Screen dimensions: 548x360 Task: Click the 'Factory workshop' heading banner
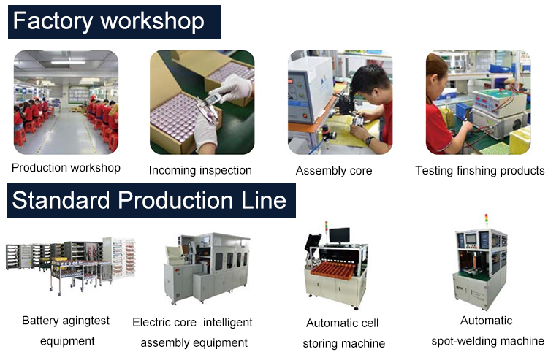click(114, 22)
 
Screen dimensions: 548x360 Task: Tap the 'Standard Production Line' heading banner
click(151, 201)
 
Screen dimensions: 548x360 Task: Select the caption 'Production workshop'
click(66, 168)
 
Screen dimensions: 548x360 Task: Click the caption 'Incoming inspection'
click(200, 170)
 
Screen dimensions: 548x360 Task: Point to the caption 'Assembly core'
click(334, 171)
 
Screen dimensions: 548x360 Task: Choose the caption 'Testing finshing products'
click(479, 171)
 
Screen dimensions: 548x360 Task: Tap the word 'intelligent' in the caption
click(227, 322)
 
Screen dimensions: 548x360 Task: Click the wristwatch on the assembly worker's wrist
click(369, 140)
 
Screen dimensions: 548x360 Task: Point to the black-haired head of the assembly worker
click(370, 83)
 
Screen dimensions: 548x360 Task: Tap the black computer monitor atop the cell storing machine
click(339, 236)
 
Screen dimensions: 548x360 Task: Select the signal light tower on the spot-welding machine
click(486, 221)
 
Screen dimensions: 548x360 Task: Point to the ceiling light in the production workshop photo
click(68, 62)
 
